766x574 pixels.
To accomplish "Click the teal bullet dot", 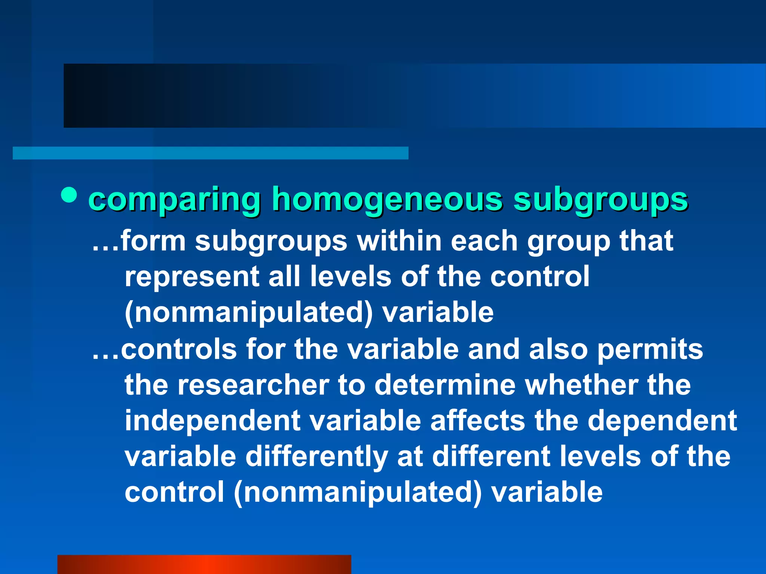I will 69,195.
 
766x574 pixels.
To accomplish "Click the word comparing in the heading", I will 174,200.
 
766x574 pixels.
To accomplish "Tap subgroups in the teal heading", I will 600,200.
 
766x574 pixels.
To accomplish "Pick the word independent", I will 212,421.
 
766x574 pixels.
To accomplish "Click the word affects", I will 478,421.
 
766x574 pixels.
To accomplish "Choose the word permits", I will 650,350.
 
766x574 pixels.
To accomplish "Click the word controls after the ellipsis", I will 179,349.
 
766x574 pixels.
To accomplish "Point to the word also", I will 558,349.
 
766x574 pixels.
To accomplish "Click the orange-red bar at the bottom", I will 204,564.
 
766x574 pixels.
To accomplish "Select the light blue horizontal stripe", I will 210,153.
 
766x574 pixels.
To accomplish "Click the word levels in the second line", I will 350,277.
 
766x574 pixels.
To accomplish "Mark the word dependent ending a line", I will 662,421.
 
